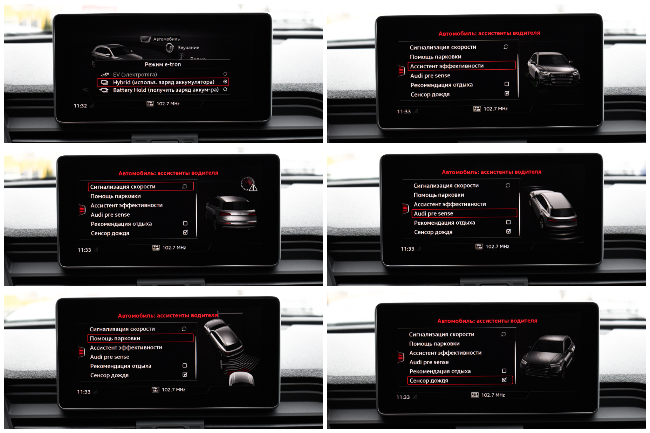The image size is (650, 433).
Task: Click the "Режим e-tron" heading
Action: pyautogui.click(x=163, y=64)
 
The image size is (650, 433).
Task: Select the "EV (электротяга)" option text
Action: pyautogui.click(x=135, y=75)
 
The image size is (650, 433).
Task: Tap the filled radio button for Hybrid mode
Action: pyautogui.click(x=225, y=82)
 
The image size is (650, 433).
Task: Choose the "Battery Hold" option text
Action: pyautogui.click(x=166, y=90)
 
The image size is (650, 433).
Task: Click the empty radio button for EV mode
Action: pyautogui.click(x=225, y=74)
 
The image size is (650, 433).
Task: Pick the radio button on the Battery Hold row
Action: pyautogui.click(x=225, y=90)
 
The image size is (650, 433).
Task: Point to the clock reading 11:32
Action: pyautogui.click(x=80, y=106)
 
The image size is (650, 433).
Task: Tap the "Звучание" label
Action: pyautogui.click(x=189, y=48)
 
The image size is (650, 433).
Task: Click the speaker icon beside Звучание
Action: pyautogui.click(x=170, y=48)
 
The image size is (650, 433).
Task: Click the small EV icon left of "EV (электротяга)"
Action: pyautogui.click(x=105, y=75)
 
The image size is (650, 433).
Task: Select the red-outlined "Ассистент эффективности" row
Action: pyautogui.click(x=461, y=65)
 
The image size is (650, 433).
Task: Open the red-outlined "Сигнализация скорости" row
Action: pyautogui.click(x=141, y=186)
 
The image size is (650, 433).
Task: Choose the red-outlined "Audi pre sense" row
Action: pyautogui.click(x=464, y=213)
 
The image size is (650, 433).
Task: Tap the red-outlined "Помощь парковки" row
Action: pyautogui.click(x=140, y=338)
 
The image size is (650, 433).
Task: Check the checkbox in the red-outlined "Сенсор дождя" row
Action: pyautogui.click(x=504, y=380)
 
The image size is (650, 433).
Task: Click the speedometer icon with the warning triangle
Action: pyautogui.click(x=249, y=184)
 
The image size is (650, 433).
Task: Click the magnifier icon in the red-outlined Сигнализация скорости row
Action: pyautogui.click(x=185, y=186)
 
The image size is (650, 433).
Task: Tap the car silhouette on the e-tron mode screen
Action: pyautogui.click(x=117, y=53)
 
